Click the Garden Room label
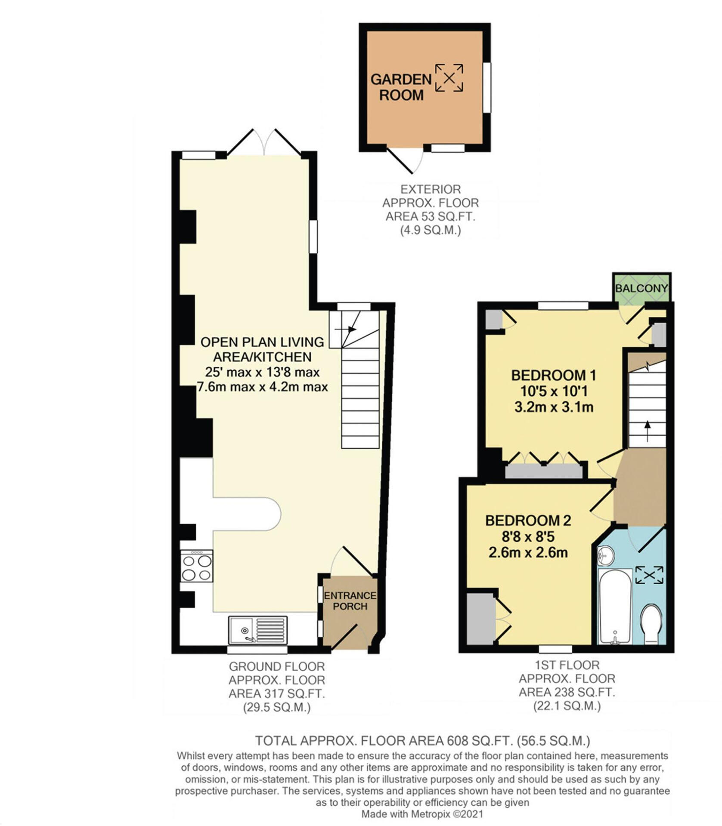point(401,87)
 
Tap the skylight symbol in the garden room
point(449,78)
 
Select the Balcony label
point(641,288)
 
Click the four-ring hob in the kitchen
point(197,567)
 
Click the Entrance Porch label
point(350,601)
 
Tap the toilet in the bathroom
point(651,624)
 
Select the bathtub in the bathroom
point(614,607)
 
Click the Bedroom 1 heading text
point(553,375)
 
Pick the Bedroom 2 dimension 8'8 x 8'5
point(528,536)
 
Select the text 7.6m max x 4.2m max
point(262,387)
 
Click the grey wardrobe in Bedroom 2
point(480,619)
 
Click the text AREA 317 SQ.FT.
point(276,693)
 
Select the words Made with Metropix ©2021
point(422,814)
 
